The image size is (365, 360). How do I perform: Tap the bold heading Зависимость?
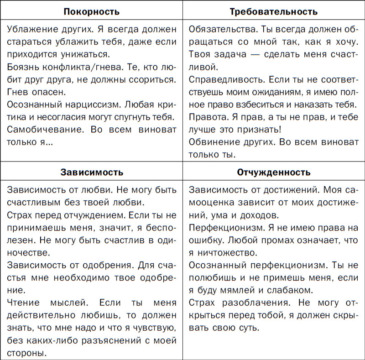[x=91, y=172]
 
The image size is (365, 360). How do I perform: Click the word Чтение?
[x=23, y=302]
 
